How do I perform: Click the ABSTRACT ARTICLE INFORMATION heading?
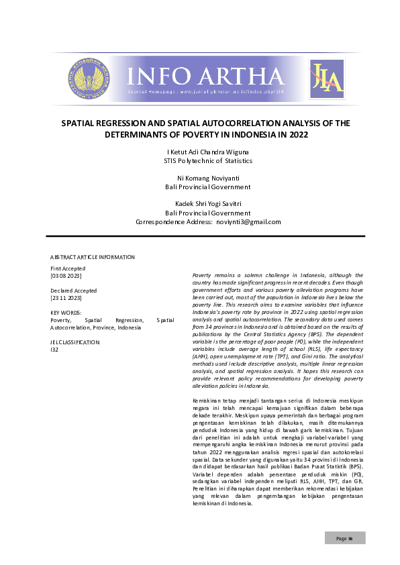pos(93,257)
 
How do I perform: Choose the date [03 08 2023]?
pos(66,275)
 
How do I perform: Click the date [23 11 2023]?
pos(66,298)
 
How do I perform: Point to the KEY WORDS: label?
pos(66,313)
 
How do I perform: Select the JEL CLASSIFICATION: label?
pos(76,342)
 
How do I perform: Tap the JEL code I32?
pos(54,350)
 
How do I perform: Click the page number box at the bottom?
pos(346,538)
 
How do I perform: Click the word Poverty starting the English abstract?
pos(203,275)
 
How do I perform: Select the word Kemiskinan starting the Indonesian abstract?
pos(208,401)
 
